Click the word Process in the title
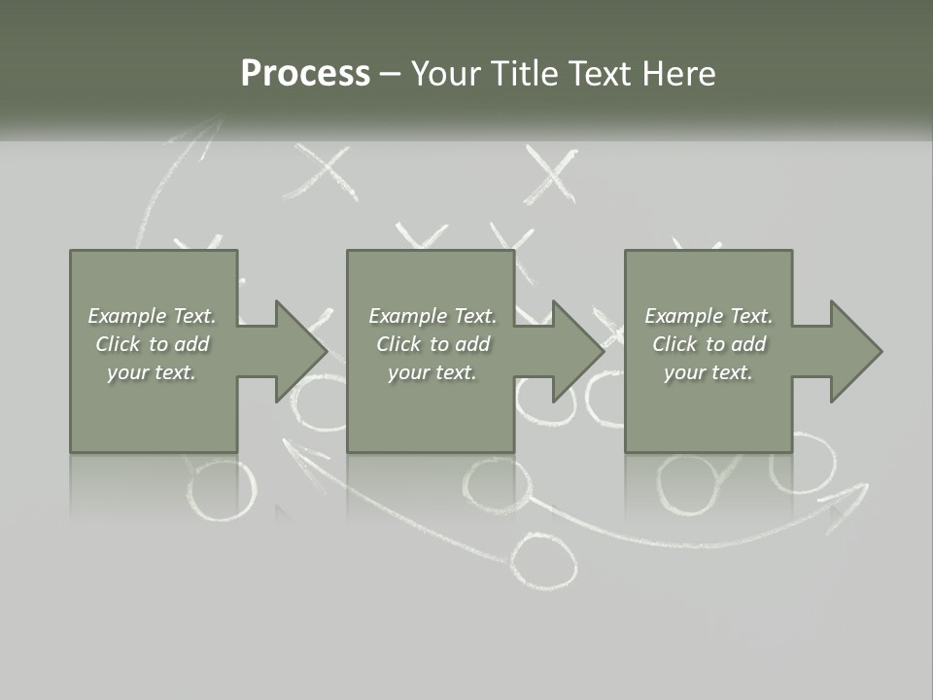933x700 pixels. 305,73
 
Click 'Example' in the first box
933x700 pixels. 126,316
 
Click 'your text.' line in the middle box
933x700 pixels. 432,372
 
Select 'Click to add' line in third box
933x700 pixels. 708,344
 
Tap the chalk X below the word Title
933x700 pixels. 551,176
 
